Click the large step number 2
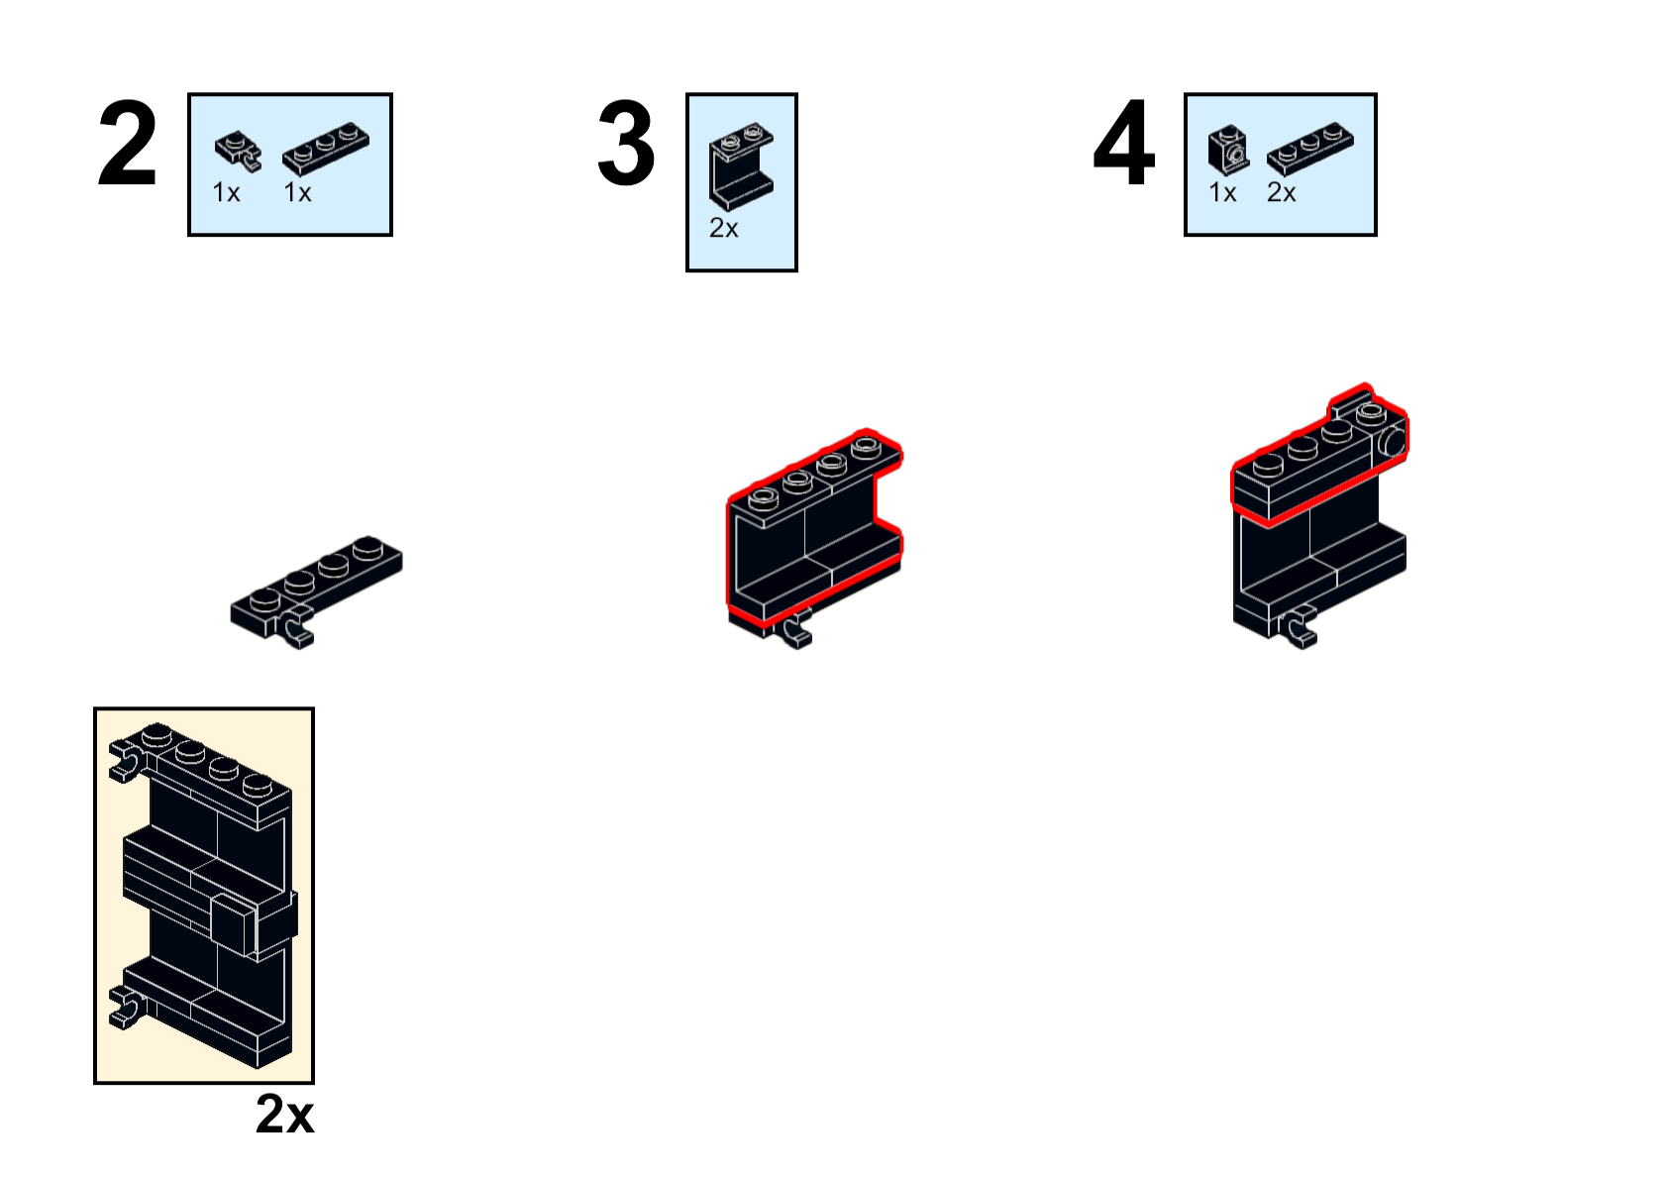coord(128,143)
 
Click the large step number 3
coord(626,143)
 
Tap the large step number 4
coord(1124,142)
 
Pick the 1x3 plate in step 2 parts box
coord(326,149)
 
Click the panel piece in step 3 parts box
coord(741,166)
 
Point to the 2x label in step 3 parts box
coord(724,228)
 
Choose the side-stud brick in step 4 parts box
coord(1228,150)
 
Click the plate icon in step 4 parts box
coord(1309,149)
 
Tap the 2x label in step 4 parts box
coord(1282,192)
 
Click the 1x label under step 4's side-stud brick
coord(1222,192)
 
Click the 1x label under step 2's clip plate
coord(227,192)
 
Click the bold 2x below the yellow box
coord(285,1115)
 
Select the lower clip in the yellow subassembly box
coord(128,1007)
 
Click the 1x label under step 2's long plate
coord(298,192)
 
